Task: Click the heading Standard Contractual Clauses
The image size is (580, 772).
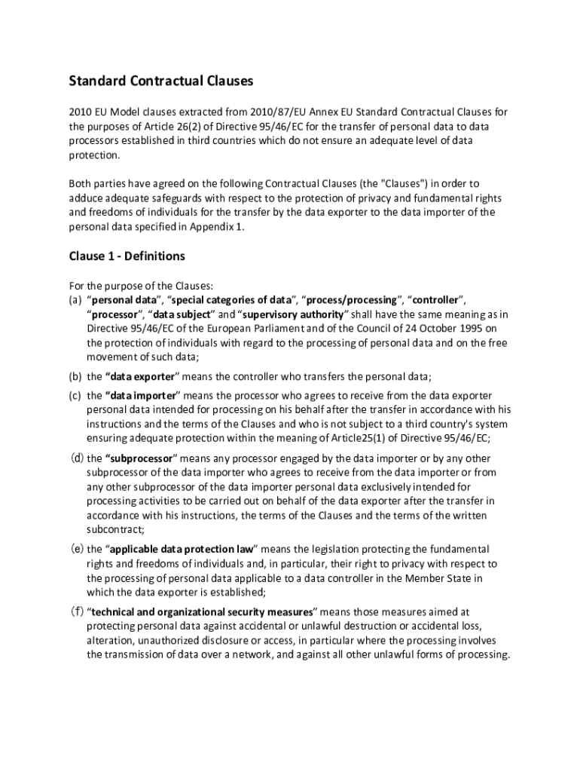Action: pos(161,80)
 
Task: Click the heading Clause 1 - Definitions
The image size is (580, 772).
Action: pos(127,256)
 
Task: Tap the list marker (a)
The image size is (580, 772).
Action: pos(75,299)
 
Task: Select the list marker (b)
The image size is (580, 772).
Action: pos(75,377)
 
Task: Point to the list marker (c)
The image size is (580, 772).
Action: pos(75,396)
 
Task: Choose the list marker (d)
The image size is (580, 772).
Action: pos(75,458)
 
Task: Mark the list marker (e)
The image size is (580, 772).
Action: pos(75,549)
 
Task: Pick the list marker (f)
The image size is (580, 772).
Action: pos(75,611)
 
